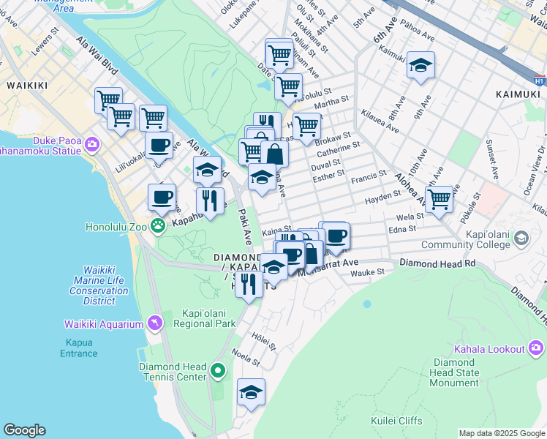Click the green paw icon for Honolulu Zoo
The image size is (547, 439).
click(x=157, y=225)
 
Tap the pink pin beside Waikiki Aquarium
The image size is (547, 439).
click(x=154, y=322)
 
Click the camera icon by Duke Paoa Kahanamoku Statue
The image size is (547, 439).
click(x=92, y=143)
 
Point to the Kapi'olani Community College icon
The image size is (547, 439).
click(x=521, y=238)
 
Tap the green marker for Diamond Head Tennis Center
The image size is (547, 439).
click(x=217, y=371)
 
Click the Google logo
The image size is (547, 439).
click(x=24, y=430)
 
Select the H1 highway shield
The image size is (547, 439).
click(x=539, y=80)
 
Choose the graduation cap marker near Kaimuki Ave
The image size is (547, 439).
click(x=420, y=66)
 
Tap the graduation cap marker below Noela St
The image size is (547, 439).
click(x=251, y=392)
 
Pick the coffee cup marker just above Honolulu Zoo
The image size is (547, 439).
click(x=162, y=197)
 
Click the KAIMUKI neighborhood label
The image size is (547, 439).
click(x=516, y=94)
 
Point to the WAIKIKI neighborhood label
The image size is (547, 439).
click(x=27, y=86)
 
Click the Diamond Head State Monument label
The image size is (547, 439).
click(x=456, y=372)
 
